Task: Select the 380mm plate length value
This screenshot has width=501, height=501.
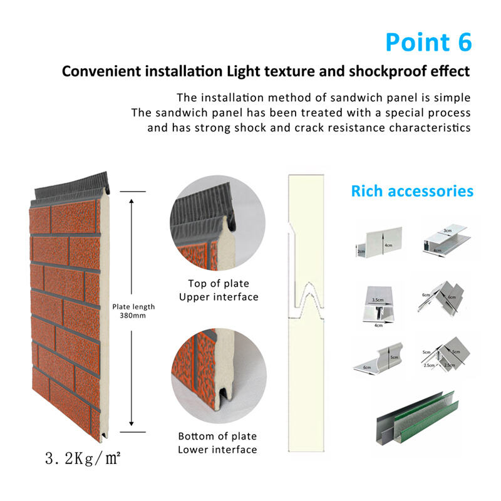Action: pos(133,316)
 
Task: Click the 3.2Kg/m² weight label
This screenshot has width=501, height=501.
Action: pos(83,458)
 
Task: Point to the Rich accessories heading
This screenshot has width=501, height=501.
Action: pos(412,191)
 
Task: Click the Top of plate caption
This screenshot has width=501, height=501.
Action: pos(219,284)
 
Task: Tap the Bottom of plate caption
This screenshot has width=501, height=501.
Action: pos(217,436)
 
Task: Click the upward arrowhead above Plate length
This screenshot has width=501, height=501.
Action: pos(132,201)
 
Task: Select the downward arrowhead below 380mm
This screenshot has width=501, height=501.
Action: pos(132,423)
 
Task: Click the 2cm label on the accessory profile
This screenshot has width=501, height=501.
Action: pos(361,252)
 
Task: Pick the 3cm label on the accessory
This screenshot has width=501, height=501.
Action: pos(447,230)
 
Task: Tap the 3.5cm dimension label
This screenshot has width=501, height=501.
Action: pos(378,300)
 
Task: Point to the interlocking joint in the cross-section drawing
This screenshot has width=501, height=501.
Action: pos(307,301)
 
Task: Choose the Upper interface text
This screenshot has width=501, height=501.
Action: pos(219,297)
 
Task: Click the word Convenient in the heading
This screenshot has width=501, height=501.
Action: pos(101,71)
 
